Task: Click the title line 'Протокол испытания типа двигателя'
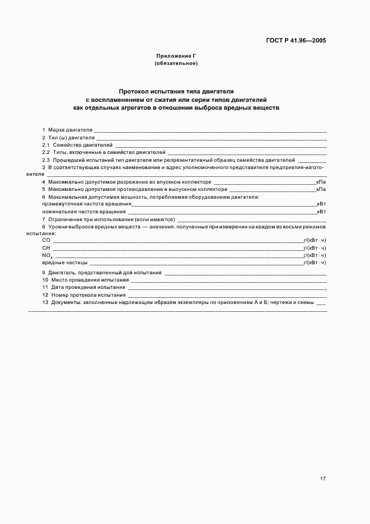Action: point(176,90)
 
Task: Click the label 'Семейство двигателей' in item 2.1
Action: point(82,144)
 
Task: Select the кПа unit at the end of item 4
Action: point(321,182)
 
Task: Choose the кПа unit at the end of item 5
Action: point(321,189)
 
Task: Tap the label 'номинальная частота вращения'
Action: point(83,212)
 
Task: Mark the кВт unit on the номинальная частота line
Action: point(321,212)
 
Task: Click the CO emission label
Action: point(46,240)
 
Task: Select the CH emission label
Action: point(46,247)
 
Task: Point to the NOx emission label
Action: point(46,255)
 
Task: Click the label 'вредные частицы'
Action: point(64,262)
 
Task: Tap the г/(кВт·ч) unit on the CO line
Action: point(315,240)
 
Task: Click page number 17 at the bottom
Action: point(323,479)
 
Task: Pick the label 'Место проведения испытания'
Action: point(90,279)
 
